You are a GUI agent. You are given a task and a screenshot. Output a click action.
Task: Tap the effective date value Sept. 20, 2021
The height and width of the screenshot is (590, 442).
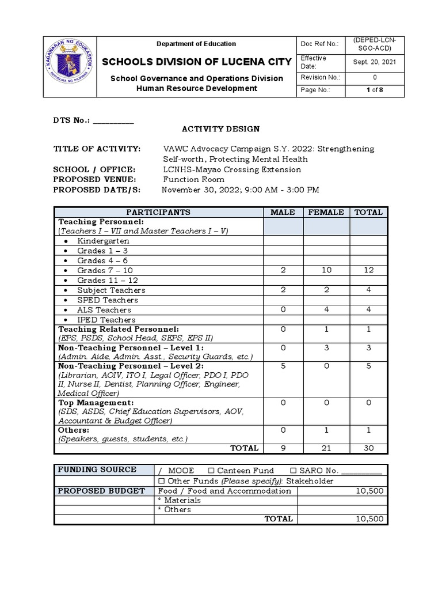pos(375,62)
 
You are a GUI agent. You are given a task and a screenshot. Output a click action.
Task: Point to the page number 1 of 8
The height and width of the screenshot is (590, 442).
pos(375,90)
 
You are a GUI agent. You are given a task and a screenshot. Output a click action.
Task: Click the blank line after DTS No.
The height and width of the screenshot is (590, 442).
pos(113,120)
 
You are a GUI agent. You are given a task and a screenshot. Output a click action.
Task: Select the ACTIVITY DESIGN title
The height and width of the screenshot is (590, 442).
pos(221,129)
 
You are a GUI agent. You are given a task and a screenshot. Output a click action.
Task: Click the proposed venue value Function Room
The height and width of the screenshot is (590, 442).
pos(194,180)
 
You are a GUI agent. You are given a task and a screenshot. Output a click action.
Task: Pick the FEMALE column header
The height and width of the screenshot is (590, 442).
pos(326,212)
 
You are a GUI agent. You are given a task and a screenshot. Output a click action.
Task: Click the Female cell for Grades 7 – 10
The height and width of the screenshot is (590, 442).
pos(326,270)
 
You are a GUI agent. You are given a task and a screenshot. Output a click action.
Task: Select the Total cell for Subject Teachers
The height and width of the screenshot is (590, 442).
pos(368,290)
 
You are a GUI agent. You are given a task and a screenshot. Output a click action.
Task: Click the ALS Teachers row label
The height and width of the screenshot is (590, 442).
pos(104,310)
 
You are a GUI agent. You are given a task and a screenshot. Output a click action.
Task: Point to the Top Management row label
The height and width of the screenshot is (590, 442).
pos(96,402)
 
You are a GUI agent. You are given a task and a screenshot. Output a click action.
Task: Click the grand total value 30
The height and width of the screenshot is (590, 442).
pos(368,448)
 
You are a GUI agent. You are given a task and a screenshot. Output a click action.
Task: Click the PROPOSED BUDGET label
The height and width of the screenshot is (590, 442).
pos(101,491)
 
